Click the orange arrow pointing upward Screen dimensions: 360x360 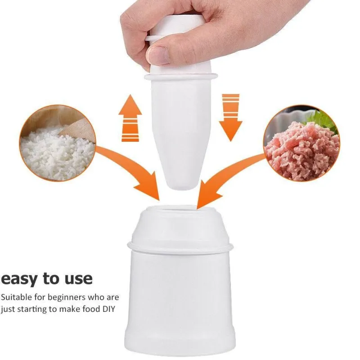pyautogui.click(x=130, y=118)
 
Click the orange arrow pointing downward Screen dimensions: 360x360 pyautogui.click(x=230, y=117)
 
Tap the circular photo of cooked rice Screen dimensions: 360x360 pyautogui.click(x=58, y=143)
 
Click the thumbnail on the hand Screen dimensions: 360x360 pyautogui.click(x=158, y=55)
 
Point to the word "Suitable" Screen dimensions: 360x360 pyautogui.click(x=17, y=297)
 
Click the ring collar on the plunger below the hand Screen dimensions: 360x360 pyautogui.click(x=181, y=76)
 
